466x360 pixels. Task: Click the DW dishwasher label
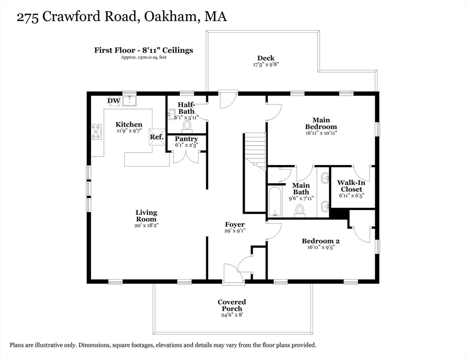pos(113,100)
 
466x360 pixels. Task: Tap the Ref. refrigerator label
pos(156,137)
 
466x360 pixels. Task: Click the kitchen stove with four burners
pos(97,132)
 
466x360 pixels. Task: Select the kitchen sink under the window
pos(129,100)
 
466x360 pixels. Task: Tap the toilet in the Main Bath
pos(300,210)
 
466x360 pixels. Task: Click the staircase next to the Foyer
pos(255,148)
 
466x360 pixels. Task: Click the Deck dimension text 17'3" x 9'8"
pos(266,65)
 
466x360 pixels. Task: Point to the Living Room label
pos(146,216)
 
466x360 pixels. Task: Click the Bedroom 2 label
pos(320,241)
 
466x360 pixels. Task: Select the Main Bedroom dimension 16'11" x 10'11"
pos(321,133)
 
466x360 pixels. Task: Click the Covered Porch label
pos(232,305)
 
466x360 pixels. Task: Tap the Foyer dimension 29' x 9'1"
pos(234,231)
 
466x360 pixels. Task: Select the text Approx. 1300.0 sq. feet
pos(143,57)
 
